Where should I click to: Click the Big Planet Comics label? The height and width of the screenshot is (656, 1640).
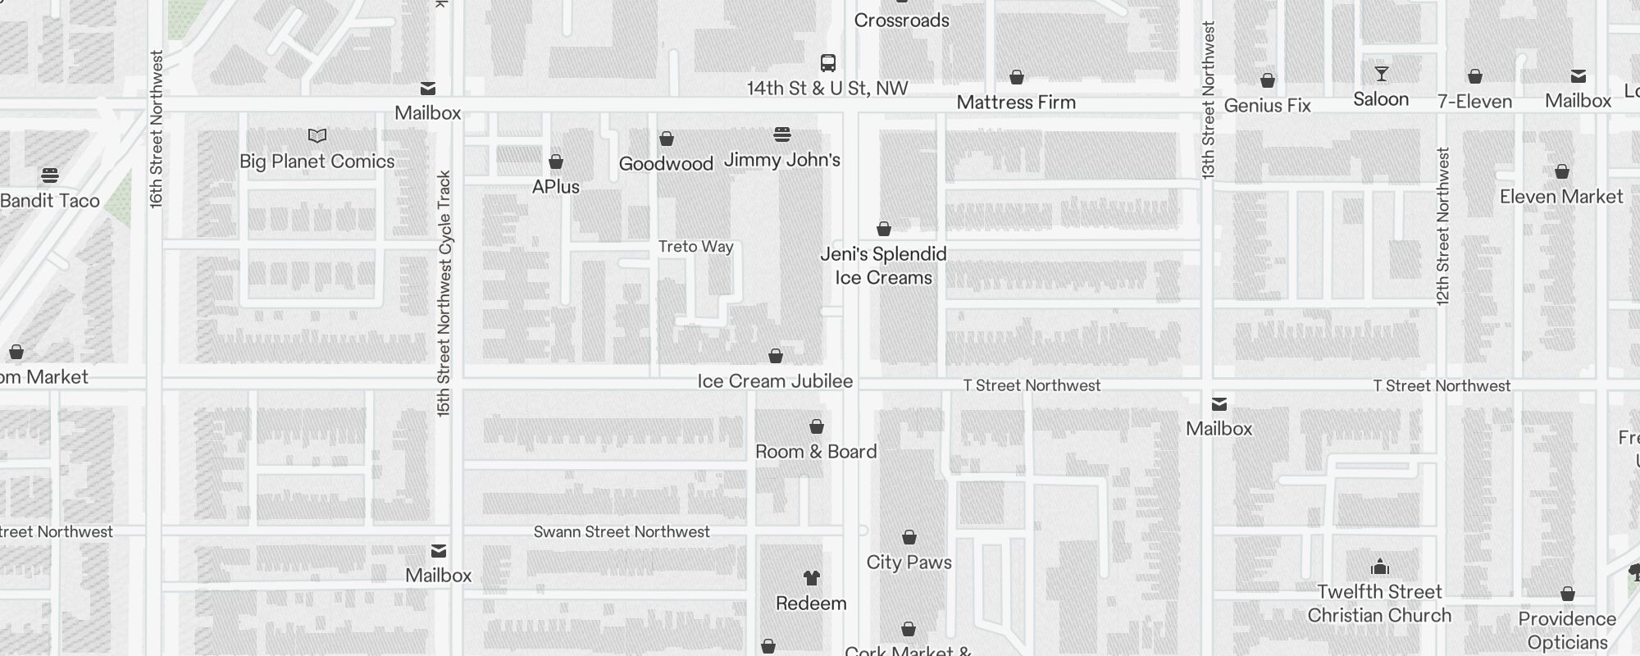(317, 162)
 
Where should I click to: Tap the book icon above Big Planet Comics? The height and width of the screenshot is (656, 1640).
(317, 135)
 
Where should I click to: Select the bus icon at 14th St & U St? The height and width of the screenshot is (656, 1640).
(828, 63)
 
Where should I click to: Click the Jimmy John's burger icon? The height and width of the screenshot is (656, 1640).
(782, 134)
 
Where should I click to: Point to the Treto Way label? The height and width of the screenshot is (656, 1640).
(696, 247)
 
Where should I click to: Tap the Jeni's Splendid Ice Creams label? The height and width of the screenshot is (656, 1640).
(884, 266)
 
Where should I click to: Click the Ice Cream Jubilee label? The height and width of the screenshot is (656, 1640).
(775, 381)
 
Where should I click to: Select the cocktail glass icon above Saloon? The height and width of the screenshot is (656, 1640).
(1382, 75)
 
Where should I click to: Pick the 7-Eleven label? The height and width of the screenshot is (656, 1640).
(1475, 102)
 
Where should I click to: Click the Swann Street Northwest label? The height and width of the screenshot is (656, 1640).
(622, 532)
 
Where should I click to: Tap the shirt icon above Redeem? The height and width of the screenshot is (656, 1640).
(812, 578)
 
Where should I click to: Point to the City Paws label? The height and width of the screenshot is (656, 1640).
(909, 563)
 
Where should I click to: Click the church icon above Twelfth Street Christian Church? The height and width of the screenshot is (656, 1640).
(1380, 567)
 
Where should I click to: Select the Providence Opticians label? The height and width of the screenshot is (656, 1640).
(1567, 631)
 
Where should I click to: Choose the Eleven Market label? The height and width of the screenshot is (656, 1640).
(1561, 197)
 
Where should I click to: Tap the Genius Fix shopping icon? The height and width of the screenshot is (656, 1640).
(1268, 80)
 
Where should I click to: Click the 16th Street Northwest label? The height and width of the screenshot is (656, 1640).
(157, 130)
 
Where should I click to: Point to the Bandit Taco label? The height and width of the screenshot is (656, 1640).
(50, 201)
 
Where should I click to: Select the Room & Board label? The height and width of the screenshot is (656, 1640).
(816, 452)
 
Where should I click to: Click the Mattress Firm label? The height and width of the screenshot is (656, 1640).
(1016, 102)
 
